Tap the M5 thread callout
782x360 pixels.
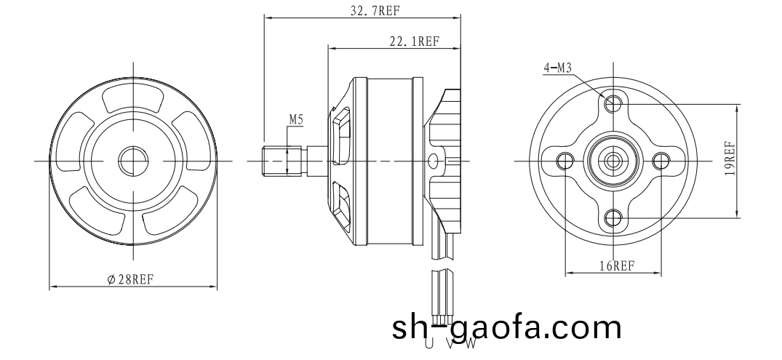(296, 119)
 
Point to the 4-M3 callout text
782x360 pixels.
(558, 68)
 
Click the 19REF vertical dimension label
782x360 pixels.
(730, 160)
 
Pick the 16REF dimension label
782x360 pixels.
(614, 265)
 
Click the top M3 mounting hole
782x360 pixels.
(614, 103)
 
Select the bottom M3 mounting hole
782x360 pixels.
(614, 216)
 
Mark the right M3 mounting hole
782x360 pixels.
(661, 160)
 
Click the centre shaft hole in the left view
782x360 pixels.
(132, 159)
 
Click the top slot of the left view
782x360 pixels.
(132, 99)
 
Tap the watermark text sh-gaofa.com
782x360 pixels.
(507, 328)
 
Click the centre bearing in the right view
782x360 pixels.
(614, 160)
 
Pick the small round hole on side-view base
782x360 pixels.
(435, 160)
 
